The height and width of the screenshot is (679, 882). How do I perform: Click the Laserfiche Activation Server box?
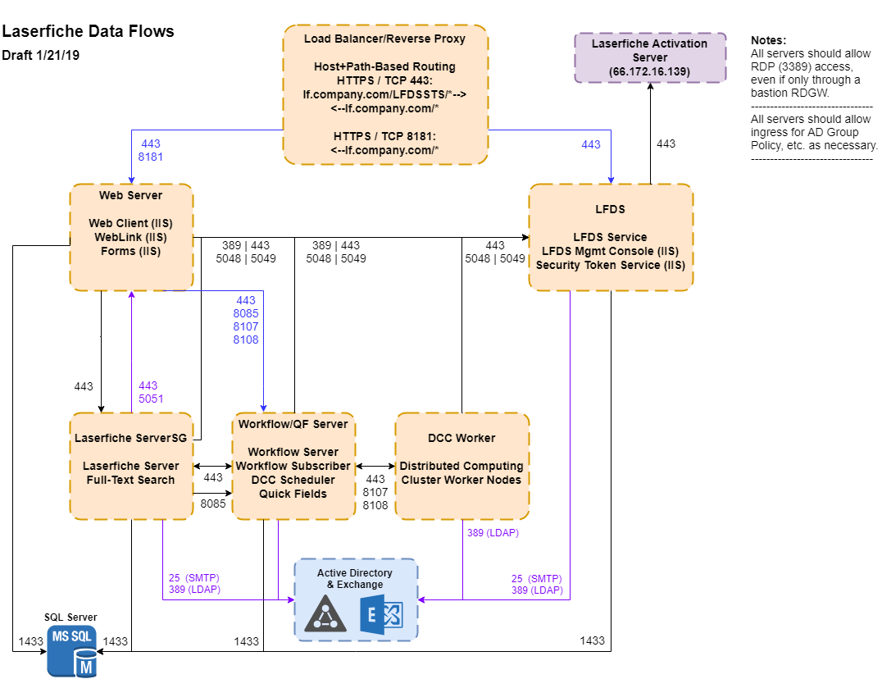[650, 57]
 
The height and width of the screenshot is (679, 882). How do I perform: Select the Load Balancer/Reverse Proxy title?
[384, 39]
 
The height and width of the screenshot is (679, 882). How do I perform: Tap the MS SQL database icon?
[72, 651]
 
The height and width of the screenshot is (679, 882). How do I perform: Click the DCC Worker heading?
[461, 438]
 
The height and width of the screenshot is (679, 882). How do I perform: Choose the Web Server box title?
[130, 195]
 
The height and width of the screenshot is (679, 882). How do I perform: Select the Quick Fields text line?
[293, 494]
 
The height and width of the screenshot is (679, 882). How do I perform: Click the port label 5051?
[151, 399]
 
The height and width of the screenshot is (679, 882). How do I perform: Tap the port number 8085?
[246, 313]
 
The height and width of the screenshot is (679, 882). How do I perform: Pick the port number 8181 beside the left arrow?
[150, 156]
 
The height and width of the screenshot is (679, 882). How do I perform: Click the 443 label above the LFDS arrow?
[590, 144]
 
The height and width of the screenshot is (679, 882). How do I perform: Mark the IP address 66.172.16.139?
[649, 72]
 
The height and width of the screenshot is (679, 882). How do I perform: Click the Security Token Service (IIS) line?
[610, 265]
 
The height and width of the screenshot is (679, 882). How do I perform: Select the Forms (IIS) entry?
[130, 251]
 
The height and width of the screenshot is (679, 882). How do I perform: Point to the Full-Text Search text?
[130, 480]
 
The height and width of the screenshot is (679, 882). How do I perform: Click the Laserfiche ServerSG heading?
[130, 438]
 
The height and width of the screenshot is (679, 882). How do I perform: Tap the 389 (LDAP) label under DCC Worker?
[493, 533]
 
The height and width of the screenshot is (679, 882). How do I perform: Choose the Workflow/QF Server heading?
[293, 424]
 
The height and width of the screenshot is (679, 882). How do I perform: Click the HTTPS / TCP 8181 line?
[384, 135]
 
